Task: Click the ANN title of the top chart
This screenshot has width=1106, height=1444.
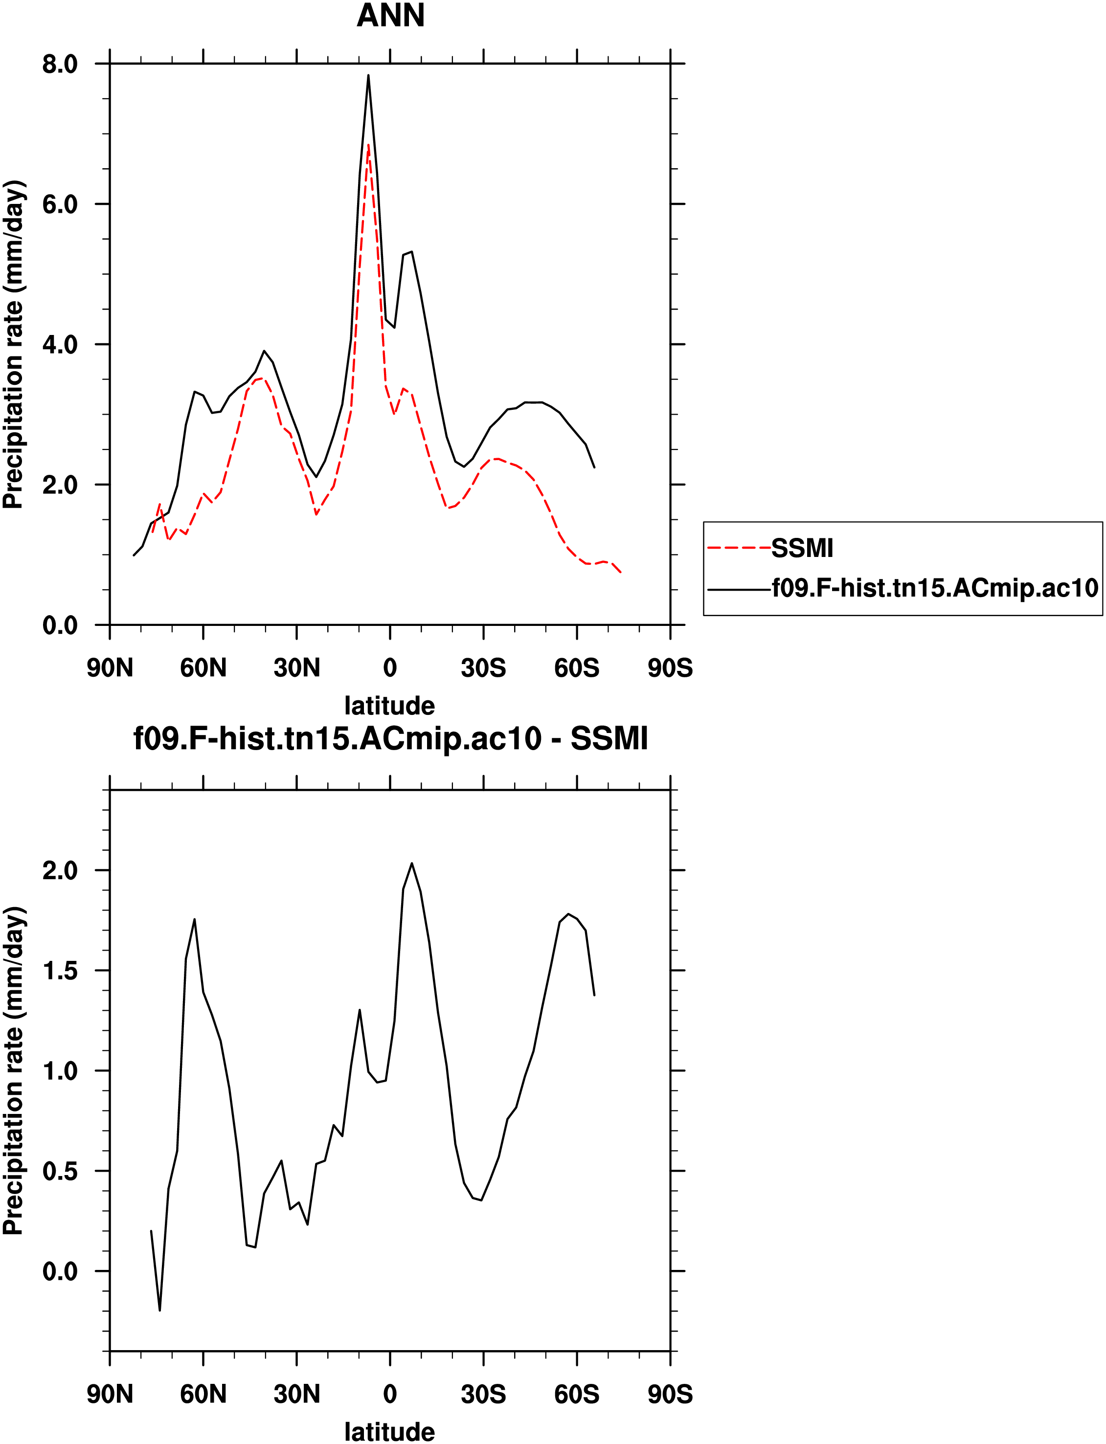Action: coord(390,16)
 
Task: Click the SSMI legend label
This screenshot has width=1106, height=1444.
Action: coord(802,548)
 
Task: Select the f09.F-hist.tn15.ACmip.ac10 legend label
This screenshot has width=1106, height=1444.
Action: coord(935,588)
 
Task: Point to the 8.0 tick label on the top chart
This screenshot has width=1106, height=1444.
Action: coord(60,65)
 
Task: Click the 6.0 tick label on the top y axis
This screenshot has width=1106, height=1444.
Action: coord(60,205)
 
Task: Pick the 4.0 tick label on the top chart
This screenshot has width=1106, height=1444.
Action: coord(60,345)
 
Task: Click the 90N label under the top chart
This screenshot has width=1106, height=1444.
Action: coord(110,668)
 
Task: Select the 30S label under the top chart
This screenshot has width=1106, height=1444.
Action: coord(483,668)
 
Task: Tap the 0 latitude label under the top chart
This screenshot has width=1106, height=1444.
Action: coord(390,668)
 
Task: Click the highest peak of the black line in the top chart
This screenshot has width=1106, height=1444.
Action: coord(369,75)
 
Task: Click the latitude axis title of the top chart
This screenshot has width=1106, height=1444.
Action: coord(390,706)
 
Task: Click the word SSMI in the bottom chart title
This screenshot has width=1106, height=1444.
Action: coord(609,738)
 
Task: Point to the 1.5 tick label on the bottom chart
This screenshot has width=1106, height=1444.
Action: coord(60,971)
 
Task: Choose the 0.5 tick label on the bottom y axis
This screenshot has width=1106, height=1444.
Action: coord(60,1172)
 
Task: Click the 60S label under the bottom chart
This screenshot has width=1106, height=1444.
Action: coord(577,1394)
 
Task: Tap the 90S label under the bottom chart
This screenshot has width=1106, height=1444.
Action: coord(670,1394)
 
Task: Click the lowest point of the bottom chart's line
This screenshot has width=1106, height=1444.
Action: coord(160,1310)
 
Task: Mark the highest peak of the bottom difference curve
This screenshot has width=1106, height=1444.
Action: coord(412,863)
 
